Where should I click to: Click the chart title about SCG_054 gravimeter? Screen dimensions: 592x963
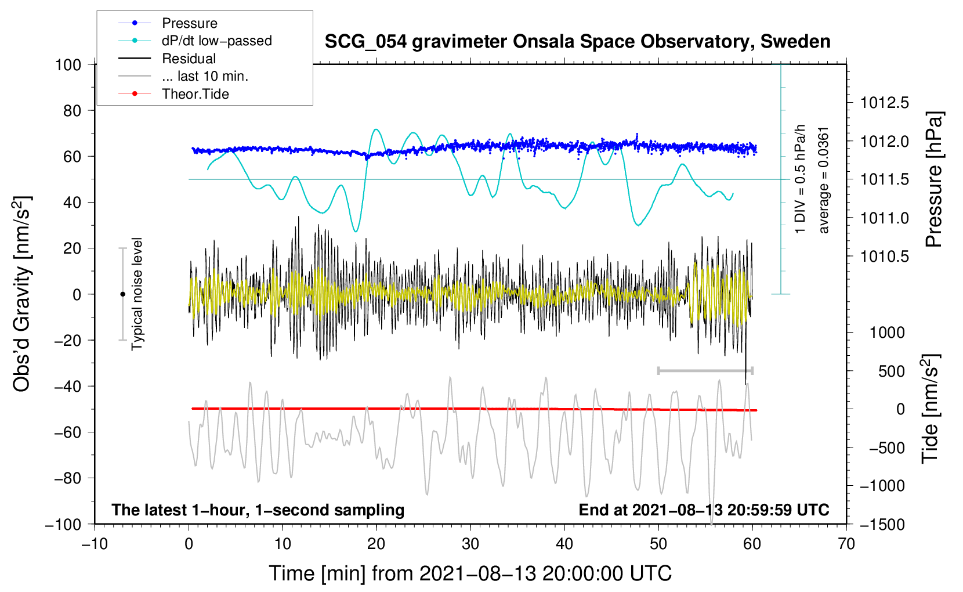(577, 42)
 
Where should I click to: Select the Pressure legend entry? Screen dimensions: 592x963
(189, 23)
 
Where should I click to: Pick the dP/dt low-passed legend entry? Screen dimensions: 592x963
(216, 41)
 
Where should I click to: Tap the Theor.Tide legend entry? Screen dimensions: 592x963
(195, 94)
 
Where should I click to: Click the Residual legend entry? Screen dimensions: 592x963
(189, 59)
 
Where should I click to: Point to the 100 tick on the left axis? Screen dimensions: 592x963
(68, 64)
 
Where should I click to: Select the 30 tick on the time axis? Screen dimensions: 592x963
(470, 544)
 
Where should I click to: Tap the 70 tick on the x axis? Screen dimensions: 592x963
(846, 544)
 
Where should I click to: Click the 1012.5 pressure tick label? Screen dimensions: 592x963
(885, 103)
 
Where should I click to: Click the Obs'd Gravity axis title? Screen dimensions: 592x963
(21, 294)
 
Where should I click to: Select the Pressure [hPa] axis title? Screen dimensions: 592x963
(934, 179)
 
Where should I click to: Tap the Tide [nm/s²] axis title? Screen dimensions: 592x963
(931, 409)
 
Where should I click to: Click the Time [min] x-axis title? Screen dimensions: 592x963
(470, 573)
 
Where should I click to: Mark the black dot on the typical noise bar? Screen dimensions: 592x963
(122, 294)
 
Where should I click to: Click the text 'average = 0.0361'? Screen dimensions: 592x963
(824, 180)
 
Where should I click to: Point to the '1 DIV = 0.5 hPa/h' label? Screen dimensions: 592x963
(801, 179)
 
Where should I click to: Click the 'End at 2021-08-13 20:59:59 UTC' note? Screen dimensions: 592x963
(704, 510)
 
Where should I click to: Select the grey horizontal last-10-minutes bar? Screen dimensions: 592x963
(705, 370)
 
